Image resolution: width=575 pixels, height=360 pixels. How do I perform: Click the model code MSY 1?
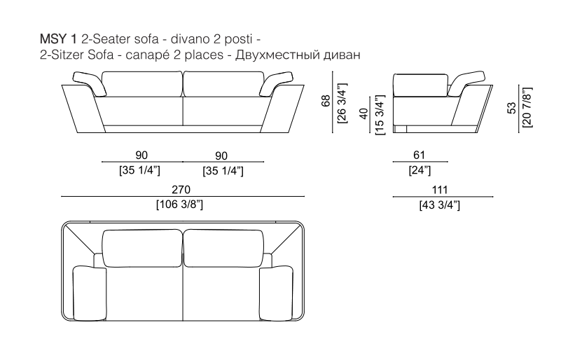pos(58,39)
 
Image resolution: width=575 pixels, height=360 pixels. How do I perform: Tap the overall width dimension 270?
pos(181,190)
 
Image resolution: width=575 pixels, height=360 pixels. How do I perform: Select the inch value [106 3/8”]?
pos(180,205)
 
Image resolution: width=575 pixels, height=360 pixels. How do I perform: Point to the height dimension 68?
pos(326,101)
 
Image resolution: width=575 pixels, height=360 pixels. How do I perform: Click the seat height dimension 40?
pos(363,113)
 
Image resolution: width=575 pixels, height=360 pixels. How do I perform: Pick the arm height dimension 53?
pos(511,107)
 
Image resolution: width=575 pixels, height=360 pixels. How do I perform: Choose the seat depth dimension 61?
pos(419,155)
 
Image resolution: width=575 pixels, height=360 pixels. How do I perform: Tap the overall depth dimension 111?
pos(440,190)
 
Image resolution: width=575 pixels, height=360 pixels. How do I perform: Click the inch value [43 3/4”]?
pos(440,205)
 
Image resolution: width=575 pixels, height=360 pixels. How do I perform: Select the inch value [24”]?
pos(420,170)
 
